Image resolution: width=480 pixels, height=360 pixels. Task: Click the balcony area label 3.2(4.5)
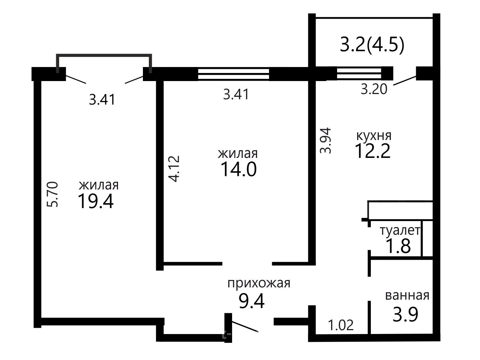coord(372,45)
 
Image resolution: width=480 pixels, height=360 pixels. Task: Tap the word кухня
coord(374,136)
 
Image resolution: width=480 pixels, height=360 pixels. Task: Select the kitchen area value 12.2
coord(373,151)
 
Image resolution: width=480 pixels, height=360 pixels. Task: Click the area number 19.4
coord(96,201)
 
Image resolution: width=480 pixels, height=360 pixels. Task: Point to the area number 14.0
coord(238,169)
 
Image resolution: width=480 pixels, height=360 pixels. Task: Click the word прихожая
coord(259,284)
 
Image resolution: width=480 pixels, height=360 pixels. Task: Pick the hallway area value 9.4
coord(251,301)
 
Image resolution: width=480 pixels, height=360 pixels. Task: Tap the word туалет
coord(400,231)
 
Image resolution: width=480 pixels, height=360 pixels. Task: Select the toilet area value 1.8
coord(399,246)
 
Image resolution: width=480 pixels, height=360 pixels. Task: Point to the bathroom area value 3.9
coord(406,314)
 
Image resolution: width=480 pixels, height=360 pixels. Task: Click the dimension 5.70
coord(53,194)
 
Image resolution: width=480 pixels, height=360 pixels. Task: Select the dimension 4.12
coord(174,169)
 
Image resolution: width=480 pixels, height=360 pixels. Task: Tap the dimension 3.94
coord(326,141)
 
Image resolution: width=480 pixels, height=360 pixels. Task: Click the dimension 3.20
coord(374,89)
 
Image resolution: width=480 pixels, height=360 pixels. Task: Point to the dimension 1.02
coord(341,325)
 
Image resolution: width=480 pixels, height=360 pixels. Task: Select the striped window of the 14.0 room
coord(234,74)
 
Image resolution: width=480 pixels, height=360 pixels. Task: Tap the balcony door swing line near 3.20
coord(405,80)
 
